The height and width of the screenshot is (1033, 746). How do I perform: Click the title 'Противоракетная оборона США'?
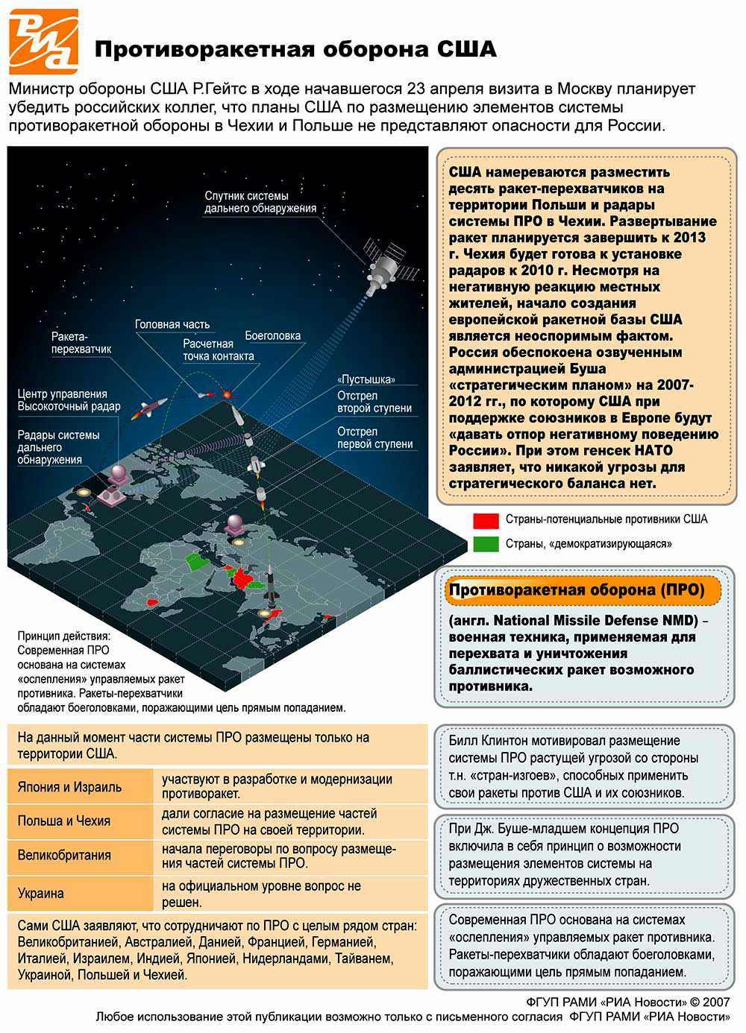click(x=295, y=49)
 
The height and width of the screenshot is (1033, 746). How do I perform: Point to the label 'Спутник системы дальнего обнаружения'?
click(x=260, y=202)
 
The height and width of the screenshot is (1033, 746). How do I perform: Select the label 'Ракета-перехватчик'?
click(x=81, y=343)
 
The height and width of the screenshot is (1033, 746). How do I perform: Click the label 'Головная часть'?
click(x=172, y=324)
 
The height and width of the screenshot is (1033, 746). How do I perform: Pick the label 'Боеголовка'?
click(x=273, y=335)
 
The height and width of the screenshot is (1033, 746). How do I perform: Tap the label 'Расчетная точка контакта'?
click(x=218, y=350)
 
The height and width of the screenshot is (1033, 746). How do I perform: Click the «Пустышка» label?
click(x=366, y=379)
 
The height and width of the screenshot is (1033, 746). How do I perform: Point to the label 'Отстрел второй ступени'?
click(x=374, y=402)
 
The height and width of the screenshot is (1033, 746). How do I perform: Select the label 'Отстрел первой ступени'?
click(x=374, y=437)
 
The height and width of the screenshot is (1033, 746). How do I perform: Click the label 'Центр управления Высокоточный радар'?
click(x=69, y=399)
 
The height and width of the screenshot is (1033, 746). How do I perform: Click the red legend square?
click(x=486, y=520)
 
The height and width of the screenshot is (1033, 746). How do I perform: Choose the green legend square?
click(x=486, y=544)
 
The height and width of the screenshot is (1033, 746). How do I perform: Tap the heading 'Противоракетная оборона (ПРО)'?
click(x=577, y=590)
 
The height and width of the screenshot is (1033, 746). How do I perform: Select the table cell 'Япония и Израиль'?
click(x=70, y=787)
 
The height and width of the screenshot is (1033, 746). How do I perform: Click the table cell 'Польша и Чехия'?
click(x=64, y=821)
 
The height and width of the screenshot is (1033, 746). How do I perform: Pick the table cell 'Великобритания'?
click(x=64, y=856)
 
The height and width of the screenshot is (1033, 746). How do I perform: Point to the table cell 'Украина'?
click(x=41, y=893)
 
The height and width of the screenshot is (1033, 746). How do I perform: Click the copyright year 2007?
click(x=715, y=1002)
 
